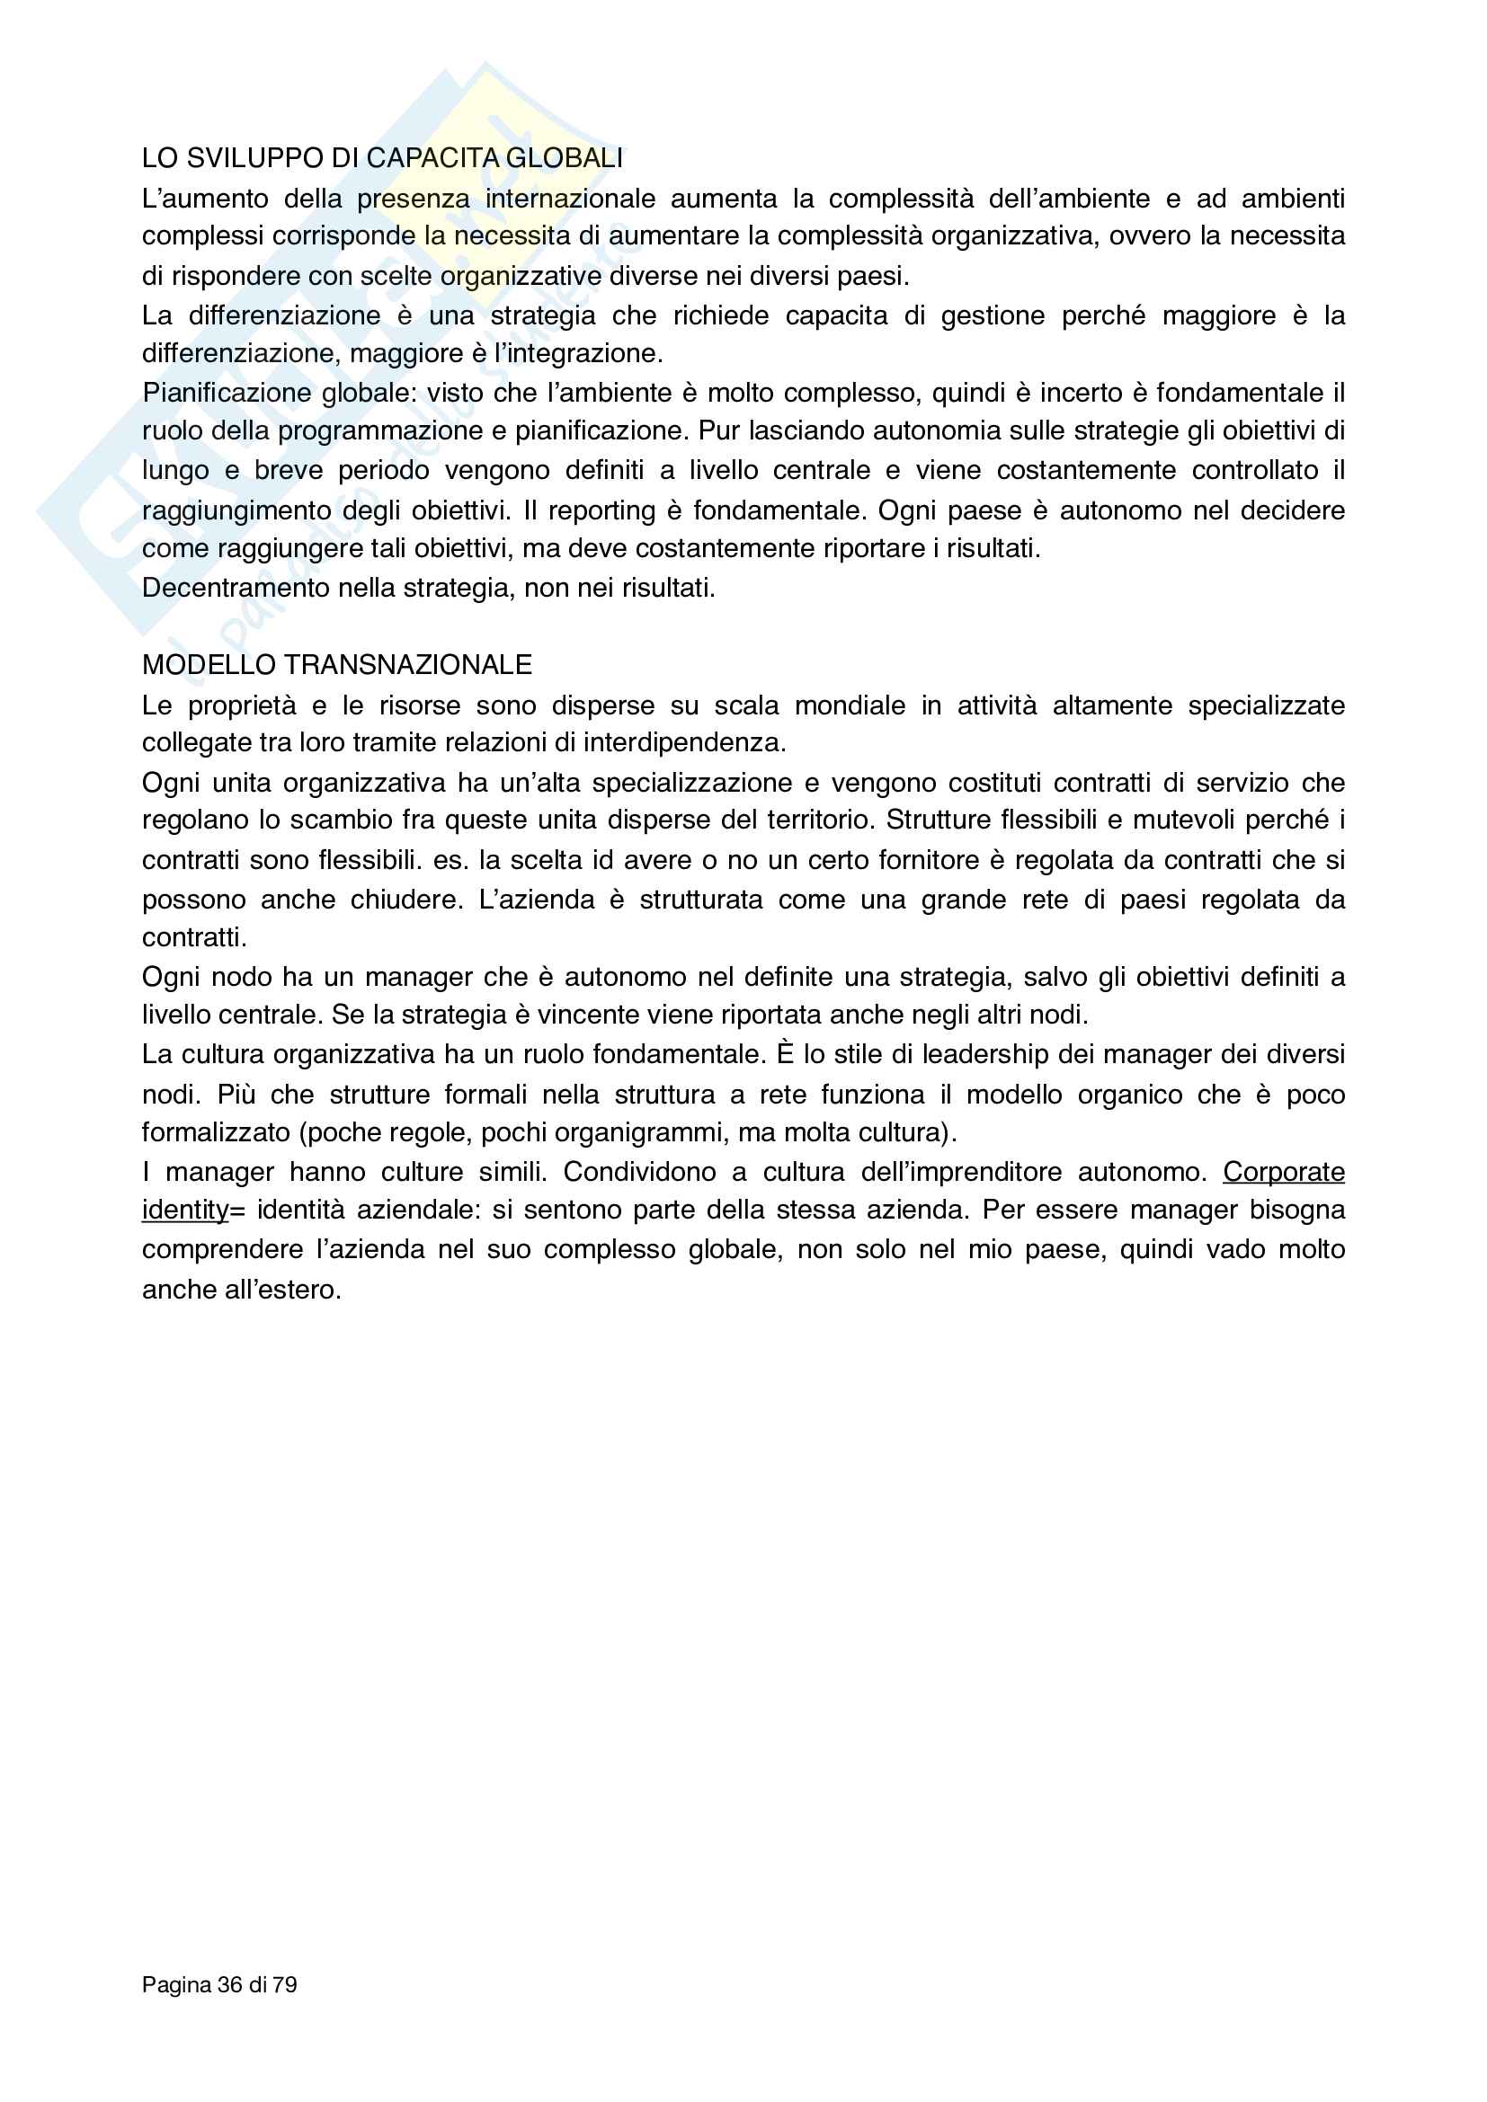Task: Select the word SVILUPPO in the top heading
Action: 254,158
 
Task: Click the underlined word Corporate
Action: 1284,1172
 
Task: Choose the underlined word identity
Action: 185,1211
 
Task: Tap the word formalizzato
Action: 216,1132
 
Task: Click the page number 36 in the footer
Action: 230,1985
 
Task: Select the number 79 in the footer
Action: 286,1985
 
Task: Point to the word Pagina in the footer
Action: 177,1985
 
